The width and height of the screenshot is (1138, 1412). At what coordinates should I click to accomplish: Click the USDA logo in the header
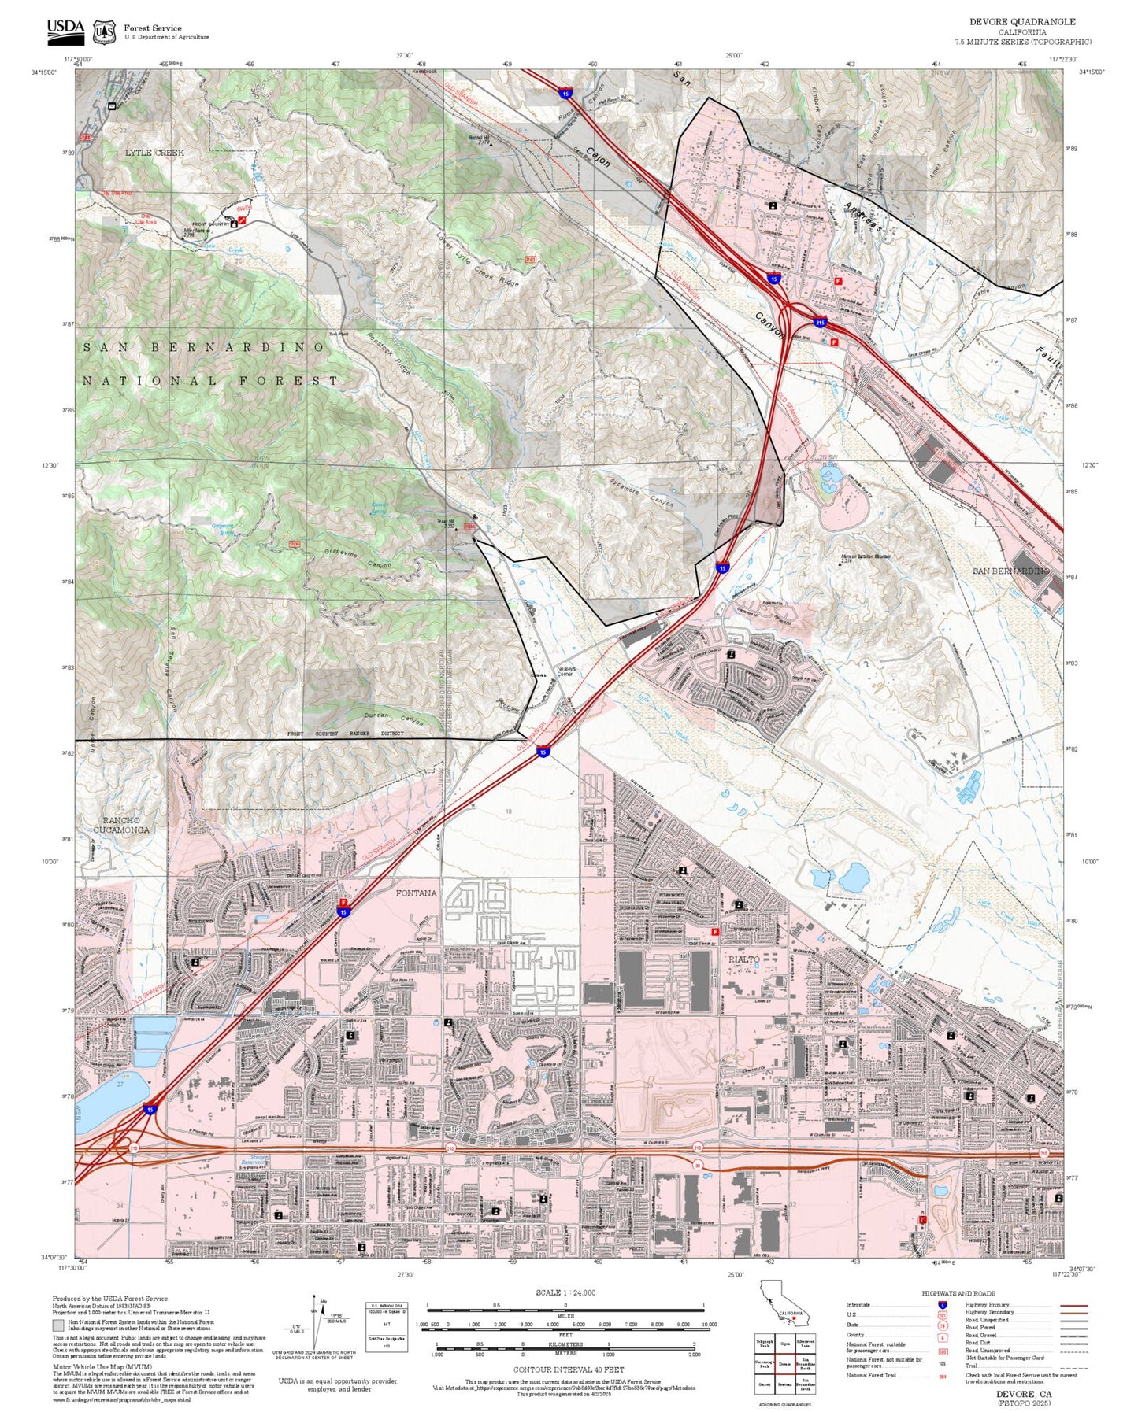click(65, 30)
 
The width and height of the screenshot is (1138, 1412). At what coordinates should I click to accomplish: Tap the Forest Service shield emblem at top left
click(104, 32)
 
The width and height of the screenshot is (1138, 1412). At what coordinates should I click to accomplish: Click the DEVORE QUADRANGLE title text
click(1022, 22)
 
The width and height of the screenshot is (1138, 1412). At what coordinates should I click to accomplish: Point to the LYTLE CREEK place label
click(154, 153)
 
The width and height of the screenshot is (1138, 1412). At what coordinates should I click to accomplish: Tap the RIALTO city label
click(743, 959)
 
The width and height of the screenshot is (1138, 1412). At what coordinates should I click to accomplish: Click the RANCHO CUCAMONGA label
click(121, 825)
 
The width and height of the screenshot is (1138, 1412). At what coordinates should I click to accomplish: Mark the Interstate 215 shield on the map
click(820, 323)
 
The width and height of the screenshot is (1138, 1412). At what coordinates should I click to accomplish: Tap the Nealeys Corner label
click(565, 671)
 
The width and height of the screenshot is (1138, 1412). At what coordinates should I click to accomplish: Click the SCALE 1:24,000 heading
click(565, 1292)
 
